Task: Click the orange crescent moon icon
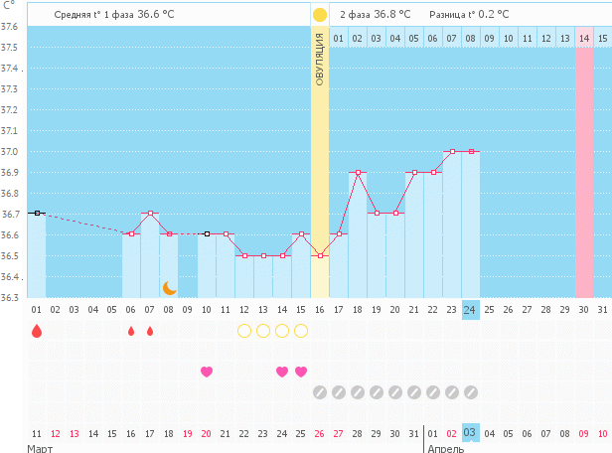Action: tap(170, 288)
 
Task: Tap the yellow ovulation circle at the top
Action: tap(320, 15)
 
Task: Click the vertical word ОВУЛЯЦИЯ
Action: tap(320, 60)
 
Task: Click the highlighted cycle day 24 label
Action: tap(471, 310)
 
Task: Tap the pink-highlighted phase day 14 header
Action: tap(584, 38)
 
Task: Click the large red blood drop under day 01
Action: tap(37, 331)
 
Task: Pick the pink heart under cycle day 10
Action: tap(207, 372)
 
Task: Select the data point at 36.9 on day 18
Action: tap(358, 173)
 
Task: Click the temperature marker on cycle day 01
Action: tap(37, 213)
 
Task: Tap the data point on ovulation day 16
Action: tap(320, 255)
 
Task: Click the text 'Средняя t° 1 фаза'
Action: tap(94, 15)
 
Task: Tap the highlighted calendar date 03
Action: tap(471, 433)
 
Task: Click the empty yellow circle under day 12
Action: tap(244, 331)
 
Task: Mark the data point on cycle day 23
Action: tap(452, 152)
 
